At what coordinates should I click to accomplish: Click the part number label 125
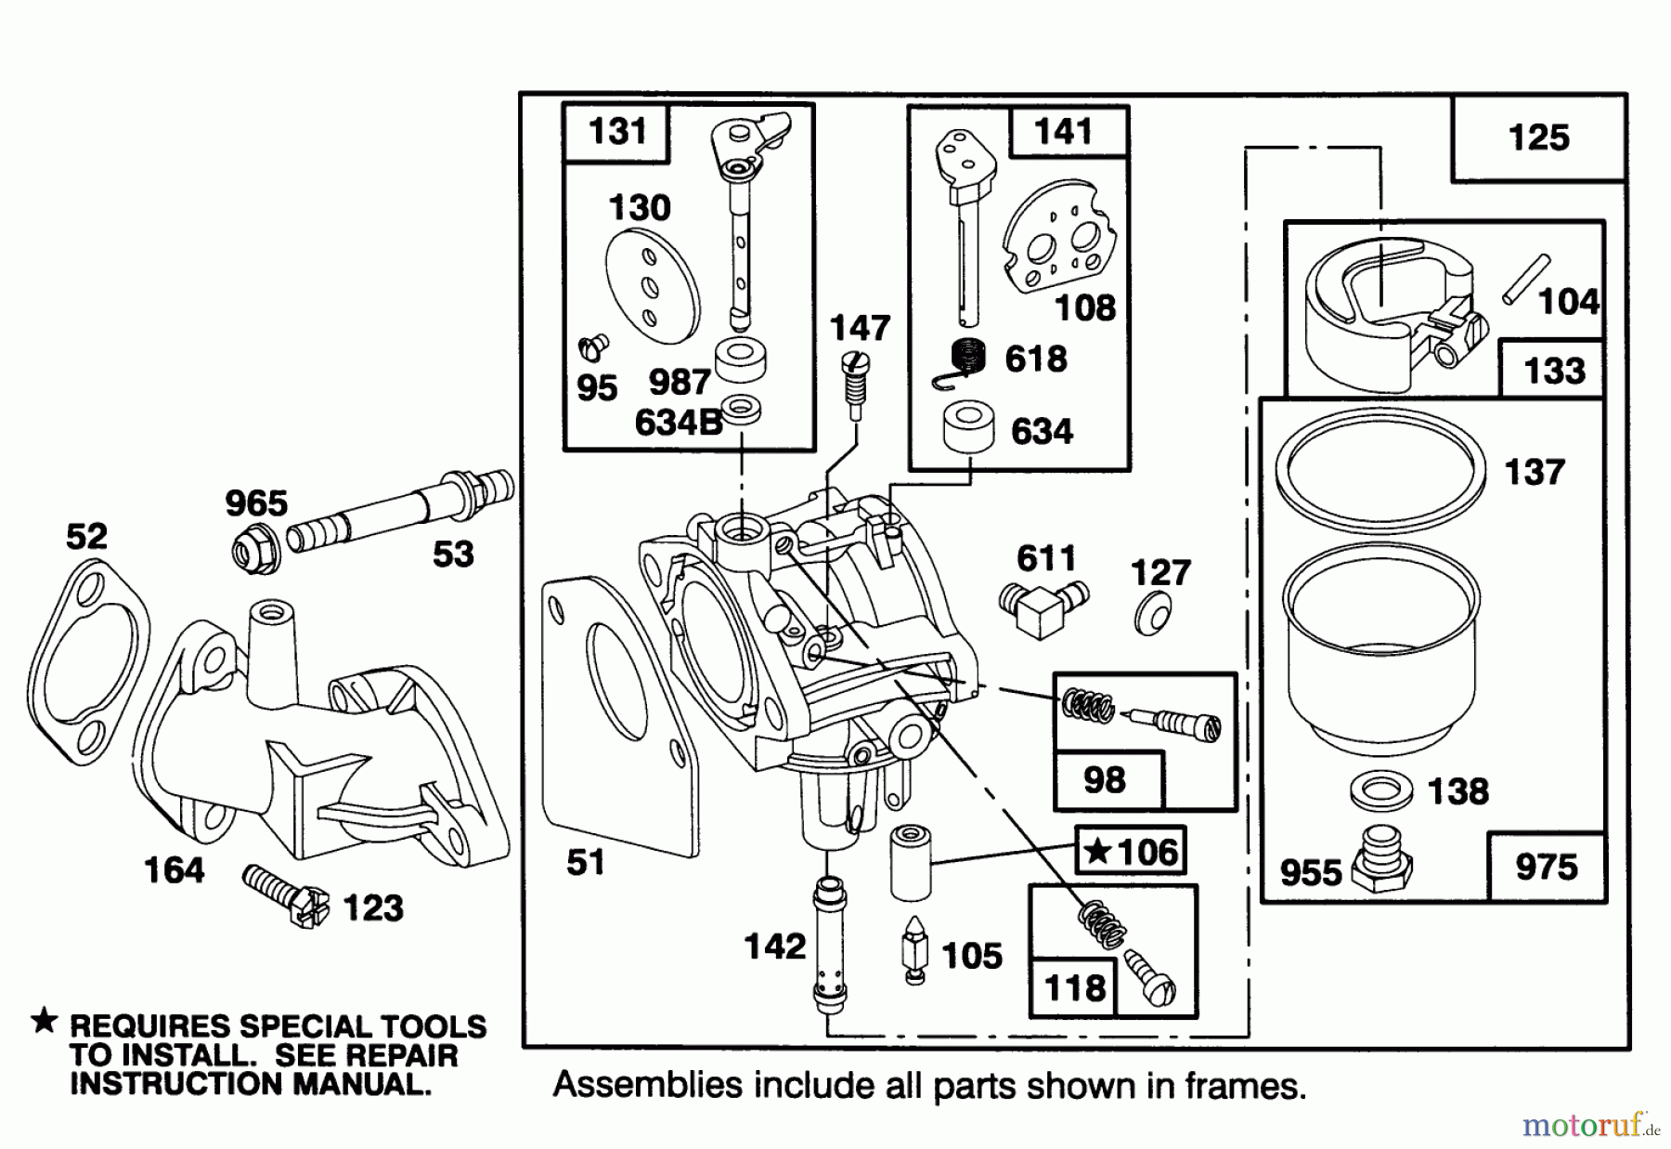tap(1538, 138)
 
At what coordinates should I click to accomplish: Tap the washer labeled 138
tap(1380, 790)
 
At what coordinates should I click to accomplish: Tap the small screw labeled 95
tap(592, 348)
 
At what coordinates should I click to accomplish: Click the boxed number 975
tap(1546, 868)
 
